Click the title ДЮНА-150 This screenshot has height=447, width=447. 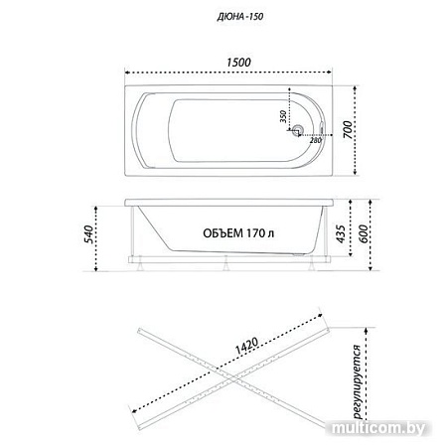click(x=240, y=17)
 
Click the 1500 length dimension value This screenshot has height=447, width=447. click(x=238, y=63)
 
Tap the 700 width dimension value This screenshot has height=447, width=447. click(x=348, y=129)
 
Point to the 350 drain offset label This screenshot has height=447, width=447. click(x=283, y=116)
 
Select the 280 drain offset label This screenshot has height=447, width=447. click(x=316, y=140)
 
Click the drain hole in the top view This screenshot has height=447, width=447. click(x=298, y=129)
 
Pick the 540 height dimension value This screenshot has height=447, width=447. click(x=88, y=234)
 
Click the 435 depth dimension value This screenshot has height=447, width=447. click(x=341, y=233)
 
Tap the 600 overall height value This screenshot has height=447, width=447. click(x=364, y=233)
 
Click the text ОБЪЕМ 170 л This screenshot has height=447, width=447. click(x=238, y=233)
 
